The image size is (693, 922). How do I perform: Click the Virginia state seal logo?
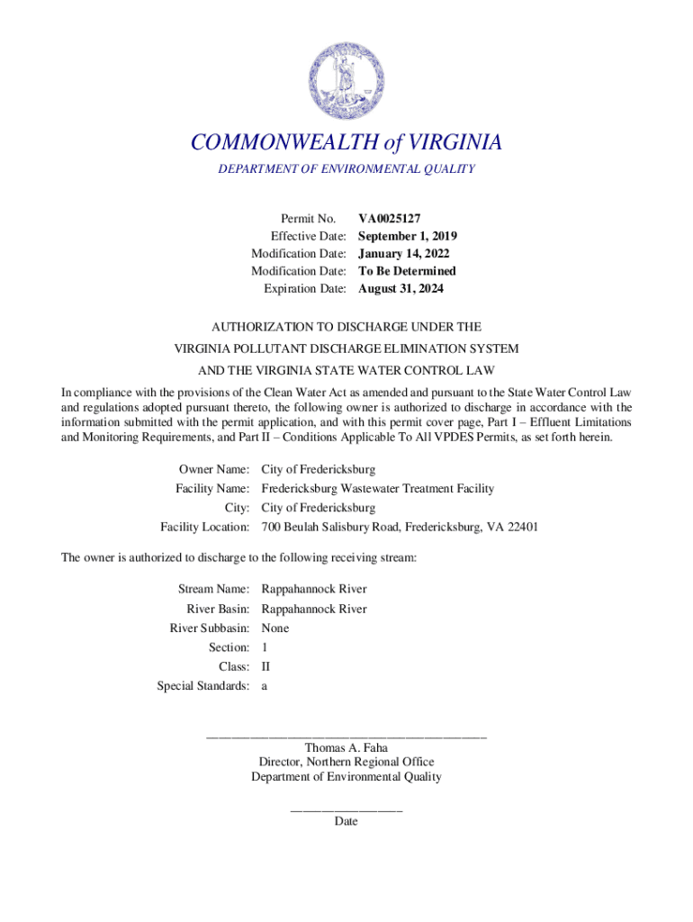click(x=346, y=72)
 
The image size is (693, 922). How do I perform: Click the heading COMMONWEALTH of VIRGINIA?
click(x=346, y=143)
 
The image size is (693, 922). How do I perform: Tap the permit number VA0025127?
click(x=390, y=219)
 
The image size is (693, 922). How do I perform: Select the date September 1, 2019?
click(x=408, y=236)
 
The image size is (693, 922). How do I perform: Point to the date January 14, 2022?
click(x=404, y=254)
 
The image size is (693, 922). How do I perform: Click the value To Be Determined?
click(x=407, y=271)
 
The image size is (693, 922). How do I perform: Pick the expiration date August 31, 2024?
click(x=400, y=289)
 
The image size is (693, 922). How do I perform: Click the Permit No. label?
click(x=309, y=219)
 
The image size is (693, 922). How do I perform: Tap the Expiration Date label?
click(x=304, y=289)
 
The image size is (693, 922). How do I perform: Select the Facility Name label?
click(x=211, y=489)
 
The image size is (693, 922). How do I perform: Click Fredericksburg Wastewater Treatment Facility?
click(x=377, y=489)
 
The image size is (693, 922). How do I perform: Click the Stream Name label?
click(x=213, y=590)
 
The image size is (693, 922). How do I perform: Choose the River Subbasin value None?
click(x=275, y=628)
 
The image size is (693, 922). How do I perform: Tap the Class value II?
click(x=265, y=667)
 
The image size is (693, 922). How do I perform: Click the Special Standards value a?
click(x=265, y=686)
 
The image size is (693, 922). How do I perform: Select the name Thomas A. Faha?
click(x=346, y=747)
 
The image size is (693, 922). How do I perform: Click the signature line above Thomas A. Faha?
click(x=346, y=737)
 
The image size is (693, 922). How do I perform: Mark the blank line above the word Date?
click(x=346, y=810)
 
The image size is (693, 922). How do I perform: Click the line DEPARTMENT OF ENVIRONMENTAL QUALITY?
click(x=346, y=169)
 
